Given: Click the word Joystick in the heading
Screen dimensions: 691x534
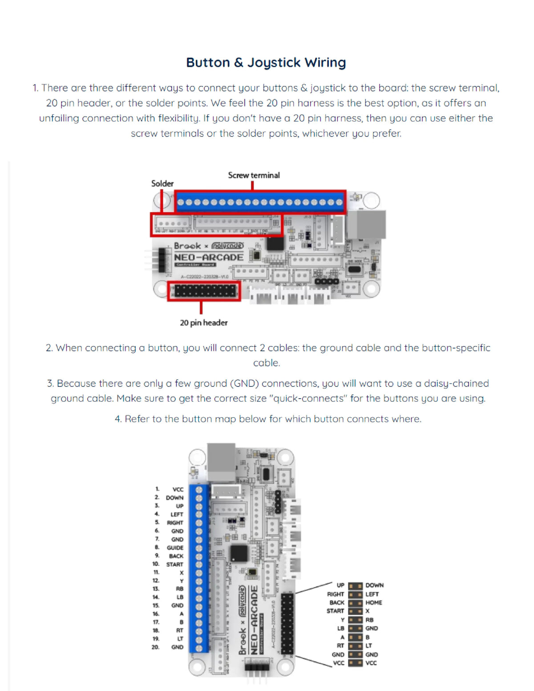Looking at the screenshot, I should click(274, 63).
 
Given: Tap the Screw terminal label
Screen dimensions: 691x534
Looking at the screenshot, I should click(254, 175).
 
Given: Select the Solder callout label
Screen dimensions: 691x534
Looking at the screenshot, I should click(162, 183).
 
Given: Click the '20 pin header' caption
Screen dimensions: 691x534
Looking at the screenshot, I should click(203, 323).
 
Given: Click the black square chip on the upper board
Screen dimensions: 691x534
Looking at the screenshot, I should click(275, 243).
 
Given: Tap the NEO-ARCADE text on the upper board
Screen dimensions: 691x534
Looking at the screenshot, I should click(209, 257).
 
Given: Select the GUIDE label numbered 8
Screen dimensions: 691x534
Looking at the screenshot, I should click(175, 548).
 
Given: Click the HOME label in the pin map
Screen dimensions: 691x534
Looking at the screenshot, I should click(374, 602).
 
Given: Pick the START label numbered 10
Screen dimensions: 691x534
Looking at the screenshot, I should click(174, 564).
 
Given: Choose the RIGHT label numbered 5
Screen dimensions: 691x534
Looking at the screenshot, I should click(175, 523).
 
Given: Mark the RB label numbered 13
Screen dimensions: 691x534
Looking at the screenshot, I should click(180, 589).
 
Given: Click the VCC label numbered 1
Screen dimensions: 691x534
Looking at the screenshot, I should click(178, 489).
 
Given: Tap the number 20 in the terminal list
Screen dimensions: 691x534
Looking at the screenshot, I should click(155, 647).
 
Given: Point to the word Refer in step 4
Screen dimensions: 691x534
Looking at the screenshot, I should click(137, 419).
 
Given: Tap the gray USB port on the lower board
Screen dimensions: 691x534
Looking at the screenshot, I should click(221, 463).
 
